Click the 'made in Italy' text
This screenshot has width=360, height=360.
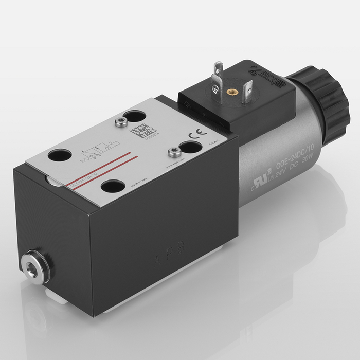pyautogui.click(x=138, y=183)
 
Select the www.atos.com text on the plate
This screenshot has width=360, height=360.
pyautogui.click(x=175, y=165)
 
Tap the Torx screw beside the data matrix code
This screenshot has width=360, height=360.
pyautogui.click(x=121, y=122)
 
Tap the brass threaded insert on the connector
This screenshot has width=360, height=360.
pyautogui.click(x=231, y=92)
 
